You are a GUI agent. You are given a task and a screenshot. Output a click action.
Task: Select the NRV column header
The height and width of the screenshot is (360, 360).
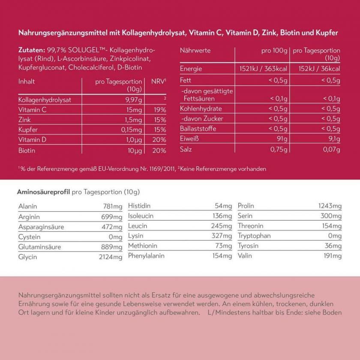[x=159, y=81]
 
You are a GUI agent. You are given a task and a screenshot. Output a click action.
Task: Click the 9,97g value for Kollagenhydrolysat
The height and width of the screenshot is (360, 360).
[x=133, y=100]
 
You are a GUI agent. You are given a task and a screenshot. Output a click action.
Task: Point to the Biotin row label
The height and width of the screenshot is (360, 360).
[x=27, y=151]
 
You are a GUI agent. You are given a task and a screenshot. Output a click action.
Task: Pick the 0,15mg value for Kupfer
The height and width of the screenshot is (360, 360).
[x=132, y=130]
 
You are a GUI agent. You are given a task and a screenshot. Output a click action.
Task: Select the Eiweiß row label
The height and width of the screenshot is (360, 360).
[x=189, y=139]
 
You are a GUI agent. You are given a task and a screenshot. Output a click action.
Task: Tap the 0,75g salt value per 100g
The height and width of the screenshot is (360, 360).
[x=279, y=150]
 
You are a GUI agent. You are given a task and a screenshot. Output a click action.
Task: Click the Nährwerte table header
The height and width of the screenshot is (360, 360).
[x=195, y=51]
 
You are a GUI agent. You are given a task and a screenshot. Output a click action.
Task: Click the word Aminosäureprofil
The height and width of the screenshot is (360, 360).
[x=43, y=192]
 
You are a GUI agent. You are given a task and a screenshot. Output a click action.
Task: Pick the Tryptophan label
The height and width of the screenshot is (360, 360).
[x=254, y=236]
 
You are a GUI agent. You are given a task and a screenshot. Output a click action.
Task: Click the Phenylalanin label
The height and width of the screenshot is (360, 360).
[x=146, y=256]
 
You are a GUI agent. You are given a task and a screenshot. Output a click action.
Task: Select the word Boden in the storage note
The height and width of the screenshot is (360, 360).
[x=332, y=312]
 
